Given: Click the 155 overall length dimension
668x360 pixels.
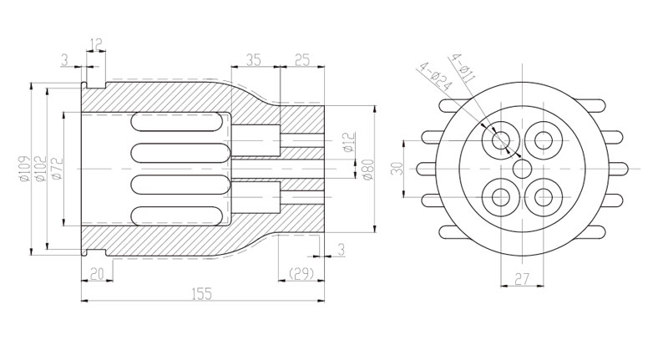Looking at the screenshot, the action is [x=202, y=294].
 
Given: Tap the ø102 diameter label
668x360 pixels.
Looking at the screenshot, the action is [x=40, y=170].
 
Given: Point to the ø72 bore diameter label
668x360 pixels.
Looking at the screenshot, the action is [x=57, y=168].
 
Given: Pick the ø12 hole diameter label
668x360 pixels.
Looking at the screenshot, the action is [x=349, y=143].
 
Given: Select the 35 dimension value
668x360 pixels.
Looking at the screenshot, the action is [x=253, y=60].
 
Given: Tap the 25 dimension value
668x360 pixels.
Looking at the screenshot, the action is [x=302, y=60].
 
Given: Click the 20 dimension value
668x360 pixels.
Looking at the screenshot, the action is [x=97, y=274].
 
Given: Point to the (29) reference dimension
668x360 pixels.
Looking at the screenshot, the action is [x=301, y=273].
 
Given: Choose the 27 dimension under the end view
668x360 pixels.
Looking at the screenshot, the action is [x=522, y=279].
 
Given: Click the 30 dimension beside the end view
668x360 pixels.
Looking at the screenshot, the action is [x=397, y=168].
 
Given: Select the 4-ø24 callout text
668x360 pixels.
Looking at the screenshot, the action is [x=435, y=77].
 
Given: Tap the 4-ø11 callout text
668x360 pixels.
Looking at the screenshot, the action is [x=463, y=68].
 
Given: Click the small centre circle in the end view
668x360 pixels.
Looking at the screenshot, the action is [x=522, y=169].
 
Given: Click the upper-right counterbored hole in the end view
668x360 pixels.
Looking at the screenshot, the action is [x=544, y=140].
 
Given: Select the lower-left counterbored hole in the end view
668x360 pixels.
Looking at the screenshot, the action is [x=501, y=197].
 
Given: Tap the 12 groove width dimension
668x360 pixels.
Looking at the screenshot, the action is [x=97, y=44].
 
